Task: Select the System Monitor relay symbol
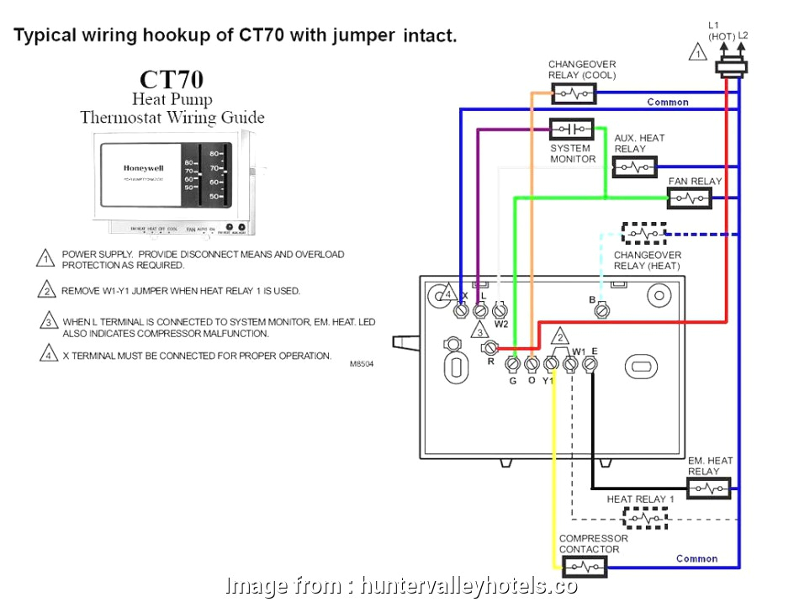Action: (x=571, y=129)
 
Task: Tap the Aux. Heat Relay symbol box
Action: (x=634, y=167)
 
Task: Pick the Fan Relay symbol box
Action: (x=690, y=198)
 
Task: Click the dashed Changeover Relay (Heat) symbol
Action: (x=643, y=233)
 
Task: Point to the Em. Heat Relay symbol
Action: (x=709, y=488)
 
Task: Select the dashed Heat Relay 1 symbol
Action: (x=639, y=520)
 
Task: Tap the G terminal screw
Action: (x=511, y=364)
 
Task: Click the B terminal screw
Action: (x=602, y=310)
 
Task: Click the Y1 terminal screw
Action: (x=552, y=364)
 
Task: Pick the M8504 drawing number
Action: (x=362, y=364)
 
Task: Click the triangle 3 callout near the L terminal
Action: (x=479, y=329)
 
